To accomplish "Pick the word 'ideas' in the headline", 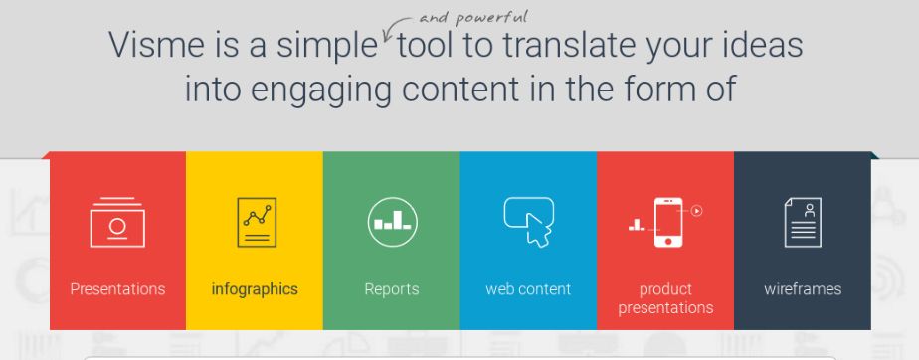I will (x=762, y=45).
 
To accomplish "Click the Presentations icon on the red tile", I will (x=117, y=222).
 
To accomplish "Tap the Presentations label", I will (x=117, y=289).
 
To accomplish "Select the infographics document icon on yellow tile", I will (x=256, y=222).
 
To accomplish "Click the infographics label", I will (x=255, y=289).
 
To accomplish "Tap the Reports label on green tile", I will (x=392, y=289).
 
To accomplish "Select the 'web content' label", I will (x=528, y=289).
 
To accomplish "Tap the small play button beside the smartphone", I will (x=697, y=210).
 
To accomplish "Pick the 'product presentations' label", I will (x=665, y=298).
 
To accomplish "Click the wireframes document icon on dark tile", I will (x=803, y=222).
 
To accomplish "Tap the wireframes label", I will (x=803, y=289).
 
